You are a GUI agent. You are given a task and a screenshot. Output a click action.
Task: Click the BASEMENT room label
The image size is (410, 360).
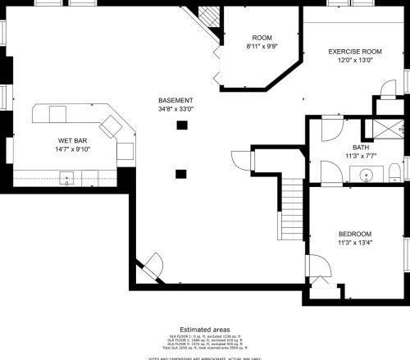point(176,100)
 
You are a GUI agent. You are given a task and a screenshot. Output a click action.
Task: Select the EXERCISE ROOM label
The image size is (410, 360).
point(355,52)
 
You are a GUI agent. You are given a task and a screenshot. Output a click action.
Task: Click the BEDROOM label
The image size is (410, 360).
point(355,234)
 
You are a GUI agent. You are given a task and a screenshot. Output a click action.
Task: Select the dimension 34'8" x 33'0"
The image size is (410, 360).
point(176,109)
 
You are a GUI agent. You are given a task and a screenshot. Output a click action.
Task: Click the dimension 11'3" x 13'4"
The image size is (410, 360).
point(355,243)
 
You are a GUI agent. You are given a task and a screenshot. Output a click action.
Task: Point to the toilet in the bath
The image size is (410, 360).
point(394,172)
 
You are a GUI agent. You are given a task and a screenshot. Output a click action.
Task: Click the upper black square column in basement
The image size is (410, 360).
point(181,125)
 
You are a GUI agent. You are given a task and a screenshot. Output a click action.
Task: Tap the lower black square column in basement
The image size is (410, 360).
point(181,173)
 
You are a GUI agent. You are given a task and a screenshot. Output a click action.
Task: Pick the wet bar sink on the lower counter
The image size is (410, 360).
point(68,175)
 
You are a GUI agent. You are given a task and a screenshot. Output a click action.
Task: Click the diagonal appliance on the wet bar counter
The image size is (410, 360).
point(111,125)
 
